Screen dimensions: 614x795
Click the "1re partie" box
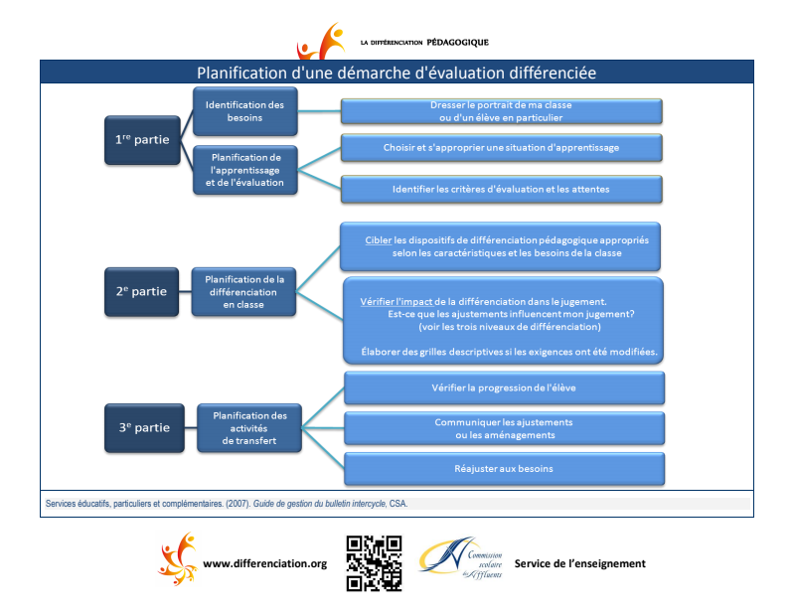[x=142, y=139]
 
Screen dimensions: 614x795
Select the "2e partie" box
[x=141, y=292]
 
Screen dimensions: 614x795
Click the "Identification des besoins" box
[x=244, y=111]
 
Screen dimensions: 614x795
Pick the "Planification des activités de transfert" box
[x=249, y=428]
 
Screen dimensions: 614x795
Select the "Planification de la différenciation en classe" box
[x=244, y=292]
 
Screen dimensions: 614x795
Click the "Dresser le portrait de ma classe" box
[x=501, y=111]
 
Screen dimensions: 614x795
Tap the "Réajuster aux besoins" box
[x=504, y=468]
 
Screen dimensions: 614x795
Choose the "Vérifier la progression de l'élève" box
[x=504, y=387]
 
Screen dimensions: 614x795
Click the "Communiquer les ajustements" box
[x=504, y=428]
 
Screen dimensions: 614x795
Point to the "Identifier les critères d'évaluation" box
[x=501, y=188]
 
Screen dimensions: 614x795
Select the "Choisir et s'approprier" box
[x=501, y=148]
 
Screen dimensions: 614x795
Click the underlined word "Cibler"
[x=379, y=239]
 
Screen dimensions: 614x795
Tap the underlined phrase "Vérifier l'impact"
[x=390, y=300]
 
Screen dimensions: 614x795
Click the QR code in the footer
[x=374, y=563]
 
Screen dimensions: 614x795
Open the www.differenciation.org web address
[x=264, y=564]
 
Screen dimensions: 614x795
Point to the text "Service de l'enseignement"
[x=579, y=564]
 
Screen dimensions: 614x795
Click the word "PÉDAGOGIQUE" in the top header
[x=457, y=43]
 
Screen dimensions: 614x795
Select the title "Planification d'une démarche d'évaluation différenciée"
[x=397, y=73]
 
